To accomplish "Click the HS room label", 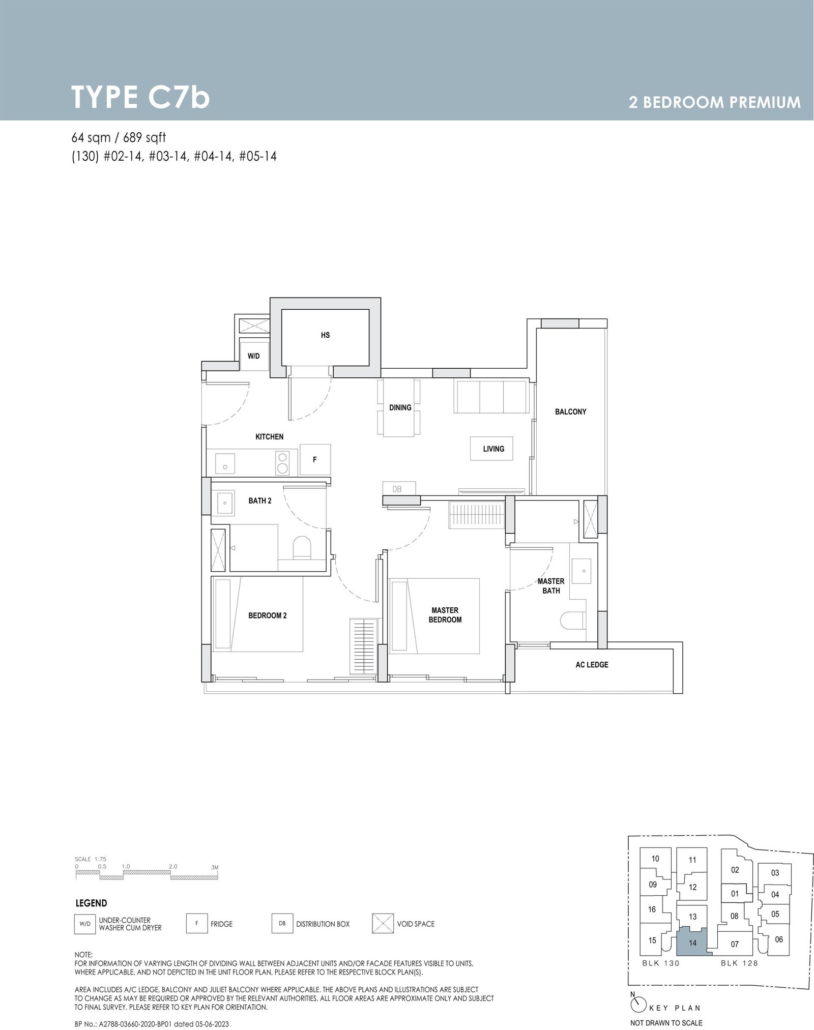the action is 325,335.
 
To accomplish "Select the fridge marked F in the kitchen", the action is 315,459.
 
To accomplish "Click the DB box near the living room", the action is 397,489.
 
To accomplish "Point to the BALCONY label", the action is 570,411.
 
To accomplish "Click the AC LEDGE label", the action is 592,664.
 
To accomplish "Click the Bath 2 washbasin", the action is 223,503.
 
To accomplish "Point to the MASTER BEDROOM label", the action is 445,615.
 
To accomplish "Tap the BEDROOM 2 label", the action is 267,615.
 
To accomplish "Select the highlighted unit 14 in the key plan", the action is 692,943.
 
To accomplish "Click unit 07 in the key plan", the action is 735,944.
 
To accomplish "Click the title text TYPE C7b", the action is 141,97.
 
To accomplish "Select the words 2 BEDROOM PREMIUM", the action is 714,102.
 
